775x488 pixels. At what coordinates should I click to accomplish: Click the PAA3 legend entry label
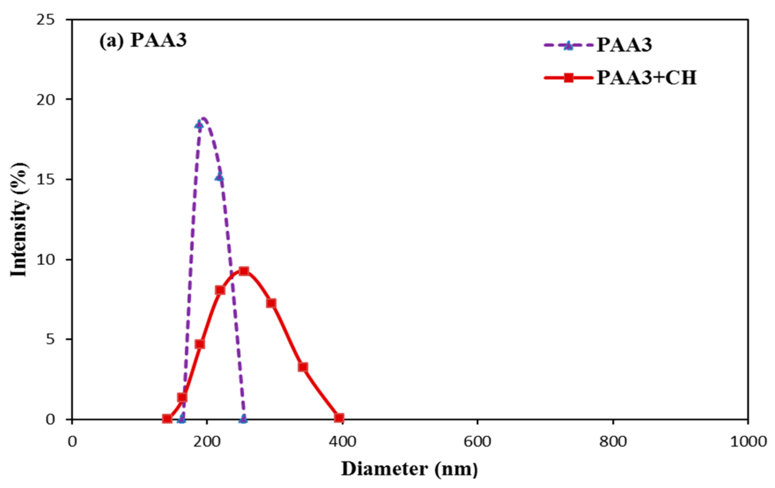[624, 45]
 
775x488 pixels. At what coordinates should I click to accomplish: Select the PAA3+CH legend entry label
[646, 78]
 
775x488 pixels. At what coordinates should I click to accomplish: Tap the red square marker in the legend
[569, 78]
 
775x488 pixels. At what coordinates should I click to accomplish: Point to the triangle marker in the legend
[569, 45]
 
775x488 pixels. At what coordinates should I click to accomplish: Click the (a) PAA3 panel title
[143, 41]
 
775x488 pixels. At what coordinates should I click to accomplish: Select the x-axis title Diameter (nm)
[409, 469]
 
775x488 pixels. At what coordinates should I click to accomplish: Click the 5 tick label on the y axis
[50, 339]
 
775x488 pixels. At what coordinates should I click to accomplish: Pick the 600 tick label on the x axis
[477, 441]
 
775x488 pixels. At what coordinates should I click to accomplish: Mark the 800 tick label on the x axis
[612, 441]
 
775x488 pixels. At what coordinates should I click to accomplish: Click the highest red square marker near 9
[244, 271]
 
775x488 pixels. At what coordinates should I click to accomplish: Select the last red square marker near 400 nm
[339, 418]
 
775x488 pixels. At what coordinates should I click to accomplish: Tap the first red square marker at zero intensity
[167, 419]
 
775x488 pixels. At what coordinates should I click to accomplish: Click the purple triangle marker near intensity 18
[199, 125]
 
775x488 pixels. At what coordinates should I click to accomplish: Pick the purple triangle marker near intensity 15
[220, 177]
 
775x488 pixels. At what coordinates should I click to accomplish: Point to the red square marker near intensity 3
[303, 367]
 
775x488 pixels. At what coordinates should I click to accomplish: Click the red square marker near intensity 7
[271, 303]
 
